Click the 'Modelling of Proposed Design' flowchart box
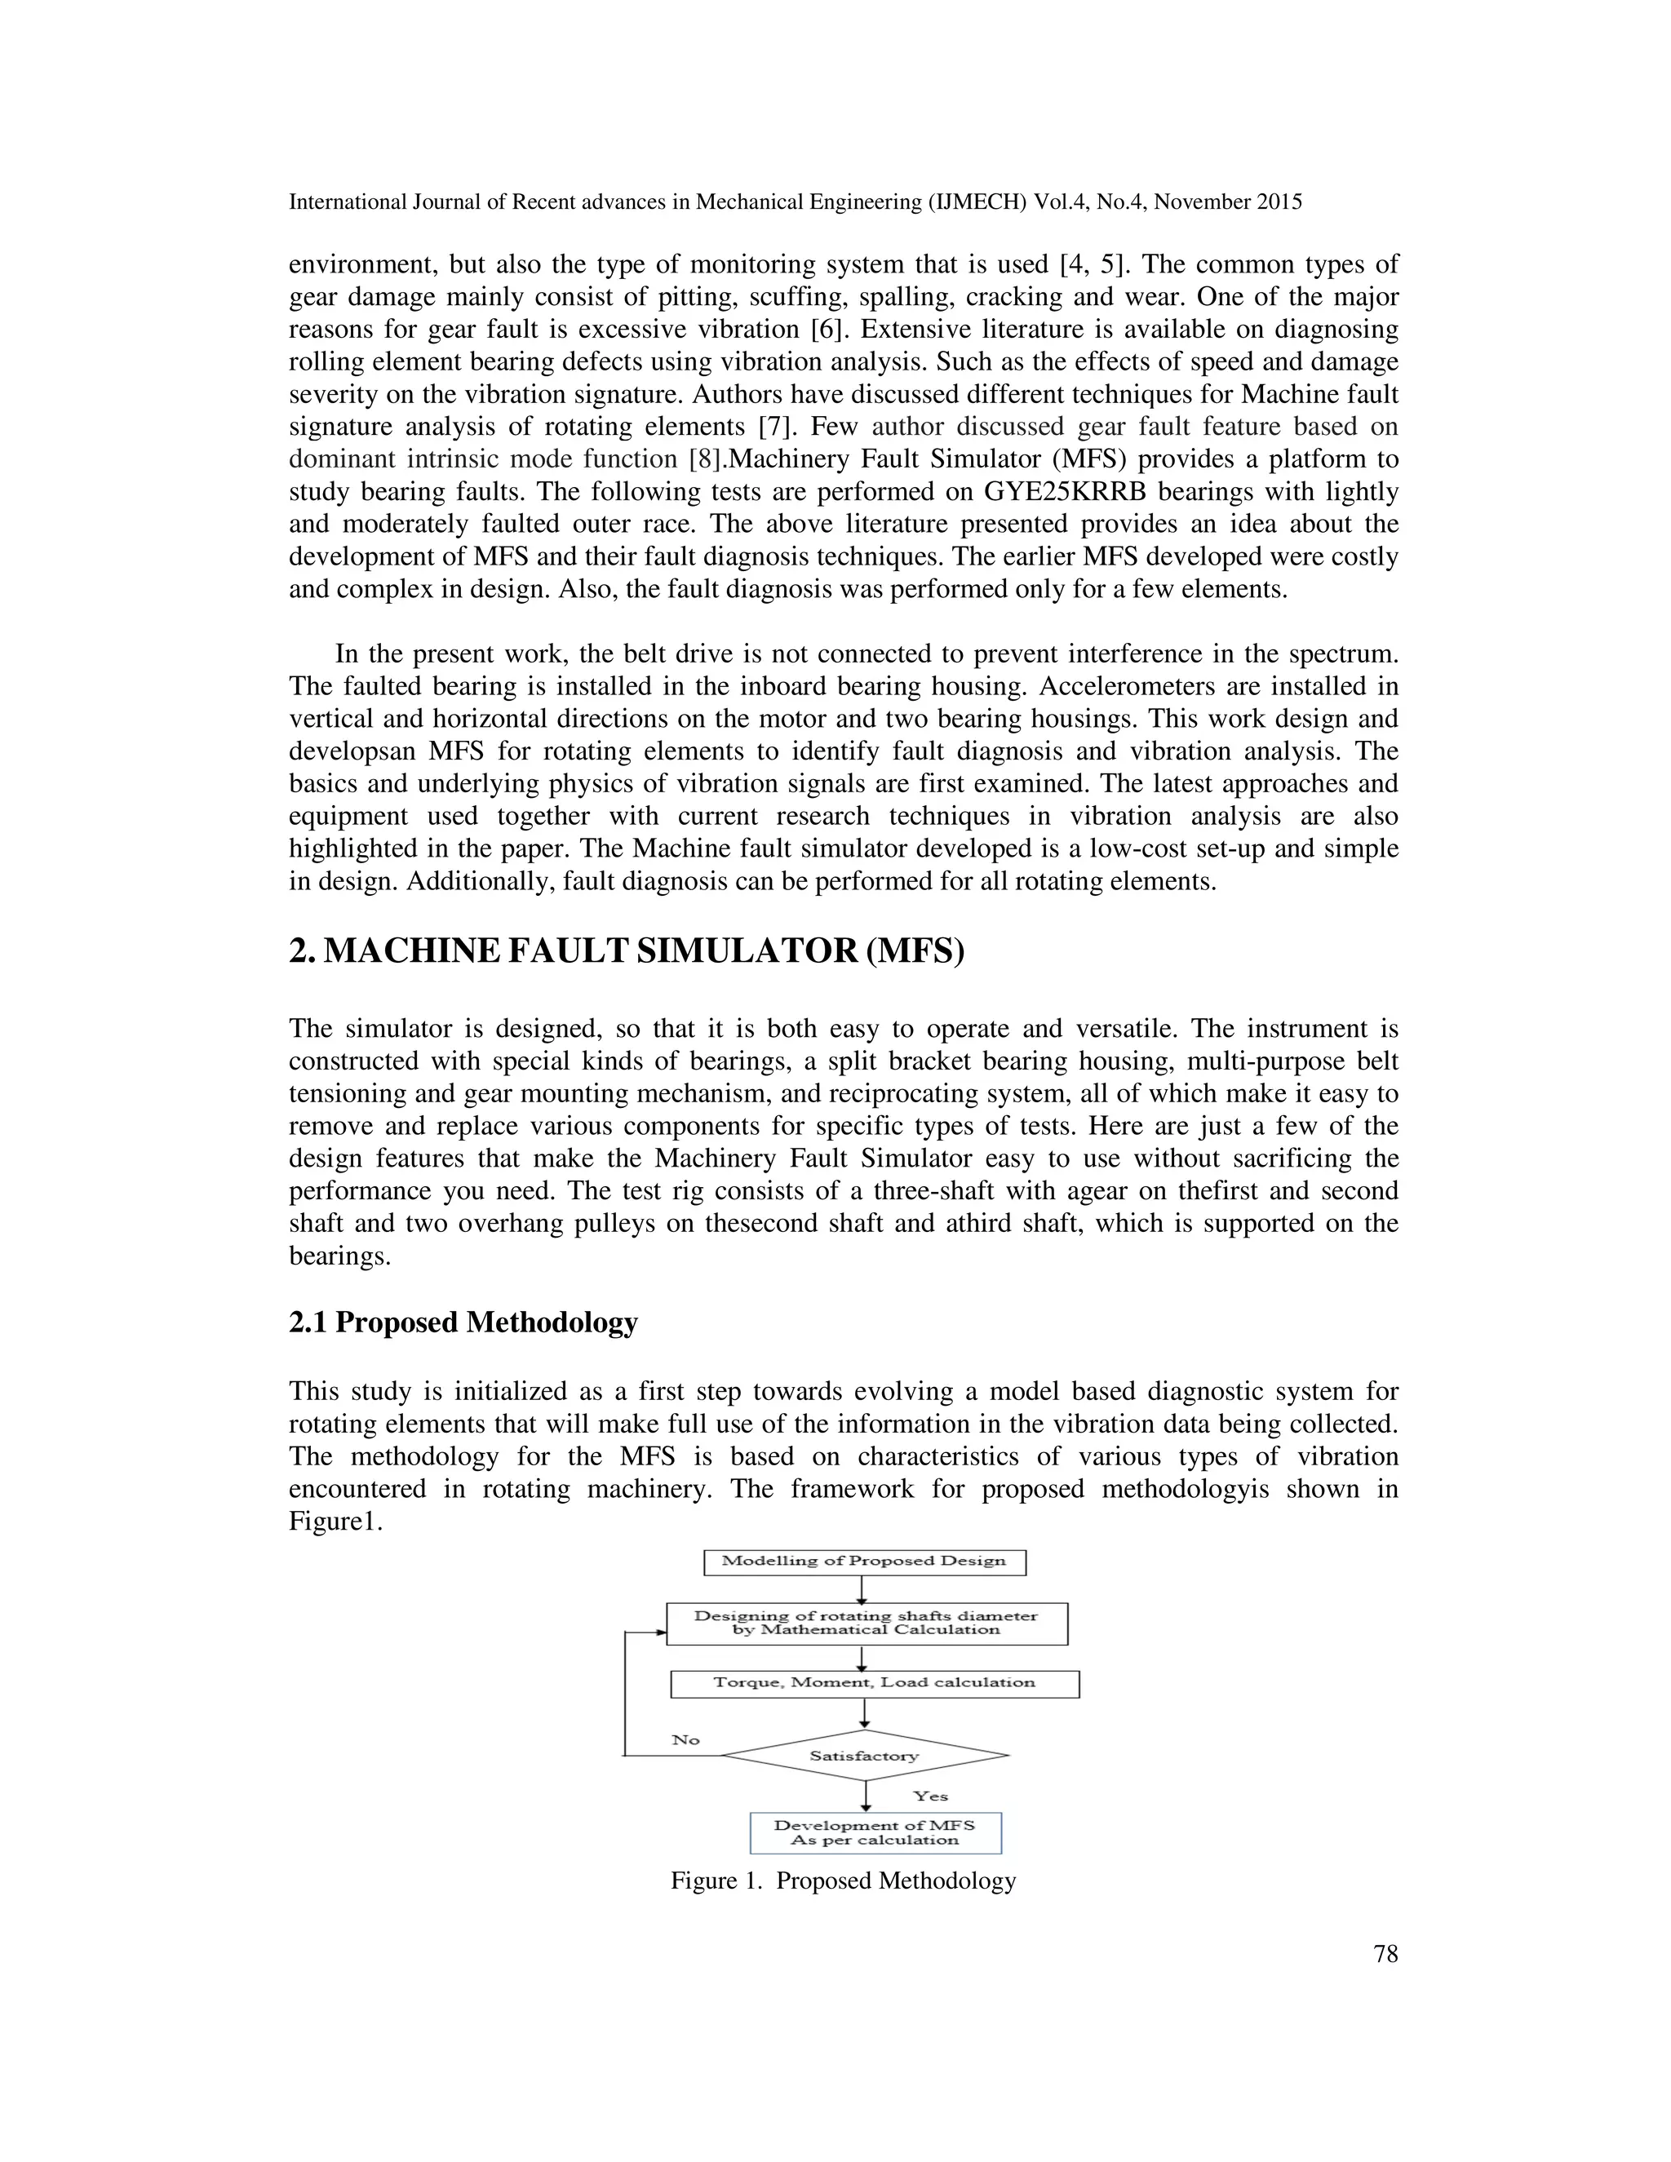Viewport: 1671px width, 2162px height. tap(863, 1561)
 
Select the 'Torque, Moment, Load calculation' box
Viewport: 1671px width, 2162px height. tap(874, 1683)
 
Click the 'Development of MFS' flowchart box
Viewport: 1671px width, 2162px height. tap(875, 1832)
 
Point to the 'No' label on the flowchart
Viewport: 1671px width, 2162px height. tap(686, 1739)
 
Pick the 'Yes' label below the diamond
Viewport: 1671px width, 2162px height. tap(929, 1796)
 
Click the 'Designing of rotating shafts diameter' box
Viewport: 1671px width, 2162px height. tap(867, 1624)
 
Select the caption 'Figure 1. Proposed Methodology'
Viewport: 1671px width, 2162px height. tap(844, 1881)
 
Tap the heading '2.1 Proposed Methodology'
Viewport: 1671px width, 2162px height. tap(463, 1322)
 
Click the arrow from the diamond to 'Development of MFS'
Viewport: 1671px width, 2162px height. tap(867, 1796)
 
